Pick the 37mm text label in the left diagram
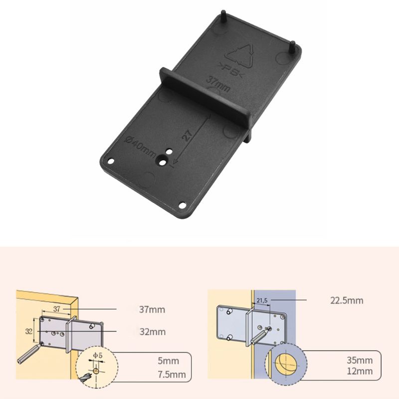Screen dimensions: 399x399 (x=152, y=310)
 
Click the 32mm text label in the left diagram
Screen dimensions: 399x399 (x=152, y=332)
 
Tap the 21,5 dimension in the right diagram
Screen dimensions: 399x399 (x=262, y=301)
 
